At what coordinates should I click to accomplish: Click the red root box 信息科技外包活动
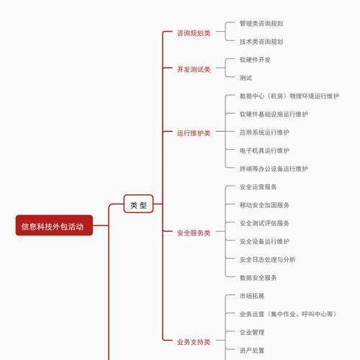[54, 225]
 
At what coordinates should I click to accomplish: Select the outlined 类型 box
[138, 204]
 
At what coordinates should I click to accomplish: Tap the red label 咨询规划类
[194, 33]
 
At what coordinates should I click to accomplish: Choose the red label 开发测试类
[194, 69]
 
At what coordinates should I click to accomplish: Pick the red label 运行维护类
[194, 133]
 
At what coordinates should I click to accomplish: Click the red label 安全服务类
[194, 233]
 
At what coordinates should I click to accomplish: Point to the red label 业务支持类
[194, 342]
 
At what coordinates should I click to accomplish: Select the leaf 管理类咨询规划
[261, 24]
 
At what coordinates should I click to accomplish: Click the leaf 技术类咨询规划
[261, 42]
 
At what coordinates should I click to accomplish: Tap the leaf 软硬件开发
[255, 60]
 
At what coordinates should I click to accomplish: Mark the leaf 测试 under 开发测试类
[246, 78]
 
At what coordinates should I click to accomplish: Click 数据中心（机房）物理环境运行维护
[289, 96]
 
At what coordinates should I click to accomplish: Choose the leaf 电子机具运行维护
[264, 150]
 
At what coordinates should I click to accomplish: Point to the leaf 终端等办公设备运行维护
[274, 168]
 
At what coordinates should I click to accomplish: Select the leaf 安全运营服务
[258, 187]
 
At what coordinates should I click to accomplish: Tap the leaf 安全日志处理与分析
[268, 259]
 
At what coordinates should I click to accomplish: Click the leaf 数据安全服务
[258, 278]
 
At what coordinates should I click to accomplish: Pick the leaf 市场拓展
[252, 296]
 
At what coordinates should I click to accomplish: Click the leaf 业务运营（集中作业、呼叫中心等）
[288, 314]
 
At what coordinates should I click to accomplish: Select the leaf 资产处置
[252, 351]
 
